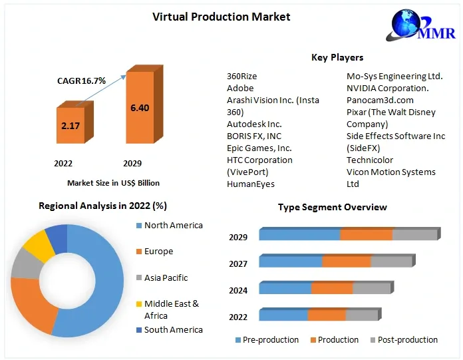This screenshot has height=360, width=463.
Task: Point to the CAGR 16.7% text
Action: coord(81,81)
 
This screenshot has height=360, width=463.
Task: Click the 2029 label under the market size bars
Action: coord(132,163)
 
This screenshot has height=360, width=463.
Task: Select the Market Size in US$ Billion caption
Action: coord(113,182)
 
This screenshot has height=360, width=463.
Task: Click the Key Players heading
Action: coord(337,57)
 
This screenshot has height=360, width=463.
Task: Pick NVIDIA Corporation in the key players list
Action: coord(387,88)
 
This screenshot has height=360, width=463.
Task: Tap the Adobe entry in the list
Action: coord(240,88)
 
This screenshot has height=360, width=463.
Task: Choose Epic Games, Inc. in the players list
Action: coord(259,148)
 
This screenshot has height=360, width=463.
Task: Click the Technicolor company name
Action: coord(370,160)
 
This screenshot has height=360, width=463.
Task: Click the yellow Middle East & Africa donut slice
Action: coord(39,246)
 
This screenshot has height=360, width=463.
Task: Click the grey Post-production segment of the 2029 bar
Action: coord(414,235)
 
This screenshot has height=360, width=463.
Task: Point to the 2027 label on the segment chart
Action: coord(238,264)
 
